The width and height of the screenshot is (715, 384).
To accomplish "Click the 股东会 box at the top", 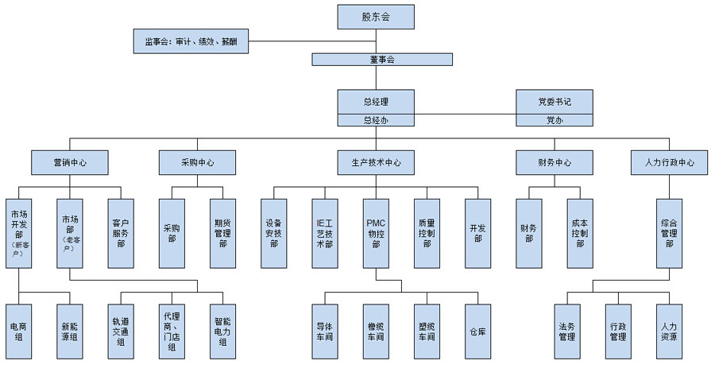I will (x=376, y=16).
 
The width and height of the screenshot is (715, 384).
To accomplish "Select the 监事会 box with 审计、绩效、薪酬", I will (x=191, y=41).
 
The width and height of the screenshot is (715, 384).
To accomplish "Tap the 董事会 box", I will (x=382, y=60).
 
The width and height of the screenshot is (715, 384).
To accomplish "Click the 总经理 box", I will (x=376, y=102).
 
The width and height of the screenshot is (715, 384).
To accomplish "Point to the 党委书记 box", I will (x=554, y=102).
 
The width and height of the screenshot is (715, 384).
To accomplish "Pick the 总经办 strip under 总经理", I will (x=376, y=120).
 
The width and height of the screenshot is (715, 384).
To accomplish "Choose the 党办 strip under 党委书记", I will (x=554, y=120).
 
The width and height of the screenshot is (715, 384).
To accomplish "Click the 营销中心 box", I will (x=70, y=163).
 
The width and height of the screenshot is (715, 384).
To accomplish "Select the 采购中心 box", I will (x=197, y=163).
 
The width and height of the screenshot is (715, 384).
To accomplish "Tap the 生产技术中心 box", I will (x=376, y=163).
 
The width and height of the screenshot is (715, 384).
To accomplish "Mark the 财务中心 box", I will (x=554, y=163).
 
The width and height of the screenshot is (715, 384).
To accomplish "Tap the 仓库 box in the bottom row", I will (x=477, y=331).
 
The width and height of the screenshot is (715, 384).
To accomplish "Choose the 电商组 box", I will (x=19, y=331).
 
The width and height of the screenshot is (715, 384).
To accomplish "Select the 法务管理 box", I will (x=566, y=331).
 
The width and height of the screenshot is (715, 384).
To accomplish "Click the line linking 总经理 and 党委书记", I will (x=465, y=102).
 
